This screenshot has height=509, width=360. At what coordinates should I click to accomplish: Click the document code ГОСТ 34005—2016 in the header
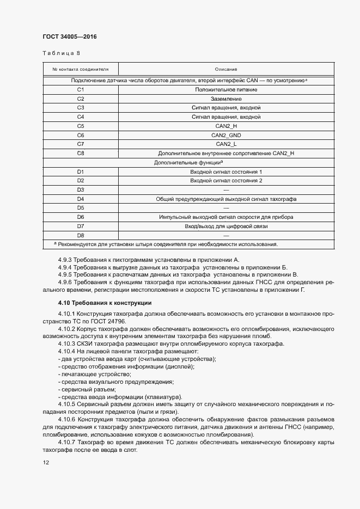tap(69, 37)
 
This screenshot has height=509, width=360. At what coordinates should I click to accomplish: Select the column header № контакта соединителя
tap(81, 70)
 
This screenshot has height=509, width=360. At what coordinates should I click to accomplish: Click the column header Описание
tap(226, 70)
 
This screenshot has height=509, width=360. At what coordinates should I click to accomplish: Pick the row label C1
tap(81, 89)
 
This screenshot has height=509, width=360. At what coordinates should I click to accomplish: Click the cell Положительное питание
tap(226, 89)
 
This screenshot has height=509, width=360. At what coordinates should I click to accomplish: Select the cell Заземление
tap(226, 99)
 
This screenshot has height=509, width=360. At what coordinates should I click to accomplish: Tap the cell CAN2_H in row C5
tap(226, 126)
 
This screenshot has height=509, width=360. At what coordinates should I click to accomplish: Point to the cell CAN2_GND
tap(226, 135)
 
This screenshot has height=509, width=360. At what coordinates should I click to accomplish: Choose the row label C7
tap(81, 144)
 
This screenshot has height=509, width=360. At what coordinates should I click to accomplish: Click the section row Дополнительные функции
tap(188, 162)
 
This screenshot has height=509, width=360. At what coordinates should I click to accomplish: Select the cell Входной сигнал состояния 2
tap(226, 180)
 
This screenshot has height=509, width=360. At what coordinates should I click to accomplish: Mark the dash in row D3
tap(226, 189)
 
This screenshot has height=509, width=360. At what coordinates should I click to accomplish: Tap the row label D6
tap(81, 217)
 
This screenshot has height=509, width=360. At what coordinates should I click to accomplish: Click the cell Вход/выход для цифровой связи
tap(226, 226)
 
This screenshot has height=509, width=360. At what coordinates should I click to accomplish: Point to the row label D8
tap(81, 235)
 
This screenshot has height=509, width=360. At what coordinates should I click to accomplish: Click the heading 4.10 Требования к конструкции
tap(105, 303)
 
